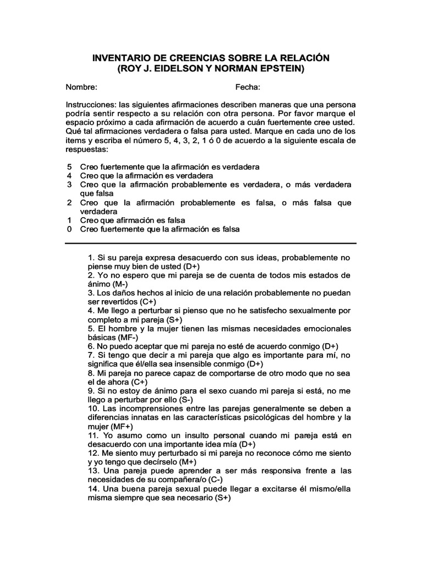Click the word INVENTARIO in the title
tap(119, 58)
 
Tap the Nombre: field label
tap(82, 87)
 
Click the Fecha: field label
tap(248, 87)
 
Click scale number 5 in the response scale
tap(69, 167)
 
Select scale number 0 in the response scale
tap(69, 229)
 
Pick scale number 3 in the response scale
tap(69, 184)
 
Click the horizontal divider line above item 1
tap(211, 243)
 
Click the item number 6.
tap(90, 346)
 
